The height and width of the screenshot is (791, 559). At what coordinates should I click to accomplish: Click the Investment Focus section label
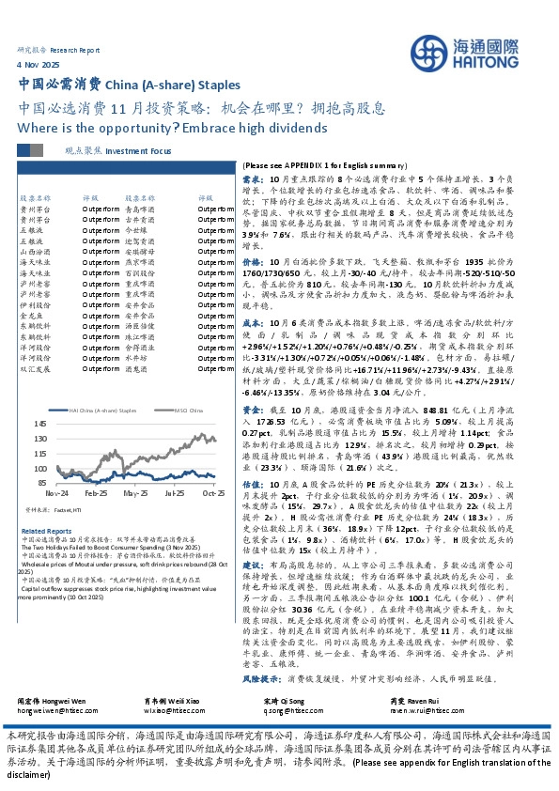point(138,149)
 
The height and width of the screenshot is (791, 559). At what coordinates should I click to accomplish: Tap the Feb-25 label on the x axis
point(95,492)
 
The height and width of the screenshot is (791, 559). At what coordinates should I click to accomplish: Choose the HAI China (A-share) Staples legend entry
point(102,410)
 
